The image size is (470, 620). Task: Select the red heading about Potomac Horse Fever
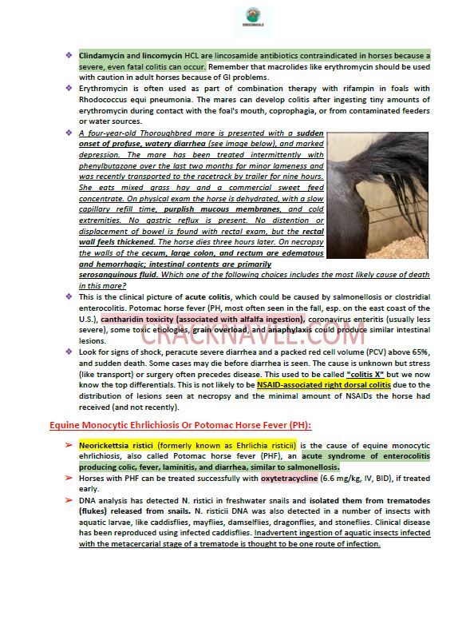[170, 425]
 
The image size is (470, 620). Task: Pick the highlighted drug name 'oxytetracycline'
[294, 479]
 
